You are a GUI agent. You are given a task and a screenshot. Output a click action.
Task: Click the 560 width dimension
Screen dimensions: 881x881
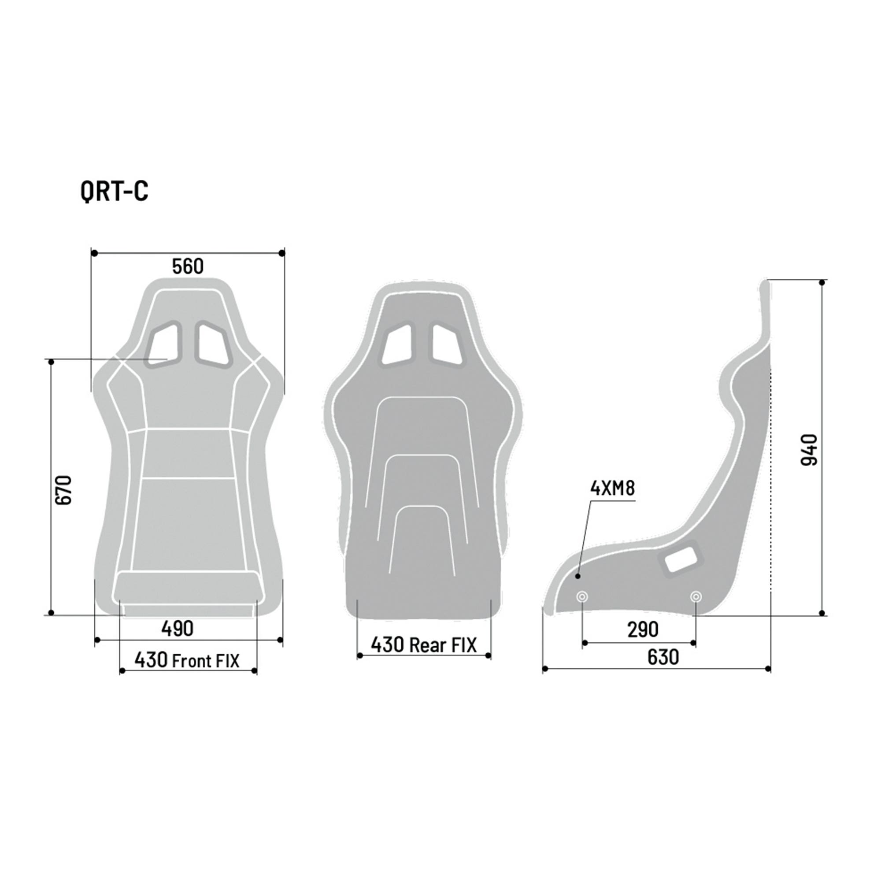coord(187,267)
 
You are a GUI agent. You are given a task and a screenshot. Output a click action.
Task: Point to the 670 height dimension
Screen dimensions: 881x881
coord(64,490)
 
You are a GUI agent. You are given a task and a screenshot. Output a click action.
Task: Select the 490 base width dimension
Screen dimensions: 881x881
coord(178,629)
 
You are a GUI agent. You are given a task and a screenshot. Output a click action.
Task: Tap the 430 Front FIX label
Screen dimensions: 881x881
coord(186,660)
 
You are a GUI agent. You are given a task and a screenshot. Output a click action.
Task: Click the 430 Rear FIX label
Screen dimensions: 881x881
coord(423,645)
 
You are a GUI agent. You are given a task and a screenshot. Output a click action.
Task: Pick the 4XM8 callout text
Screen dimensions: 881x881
coord(612,489)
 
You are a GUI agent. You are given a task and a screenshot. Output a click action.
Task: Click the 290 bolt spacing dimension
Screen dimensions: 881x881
coord(643,630)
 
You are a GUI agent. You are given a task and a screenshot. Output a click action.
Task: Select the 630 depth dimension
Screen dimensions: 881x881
coord(663,657)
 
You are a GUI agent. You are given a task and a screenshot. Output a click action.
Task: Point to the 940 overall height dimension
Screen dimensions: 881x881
coord(809,450)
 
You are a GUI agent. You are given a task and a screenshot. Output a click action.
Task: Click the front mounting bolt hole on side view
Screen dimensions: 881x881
coord(582,597)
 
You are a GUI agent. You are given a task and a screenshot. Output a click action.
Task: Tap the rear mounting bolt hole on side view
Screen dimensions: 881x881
coord(696,597)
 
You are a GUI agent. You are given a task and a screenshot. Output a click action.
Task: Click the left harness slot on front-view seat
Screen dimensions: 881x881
coord(164,345)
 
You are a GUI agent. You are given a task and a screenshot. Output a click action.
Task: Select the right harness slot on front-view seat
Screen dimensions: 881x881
coord(213,345)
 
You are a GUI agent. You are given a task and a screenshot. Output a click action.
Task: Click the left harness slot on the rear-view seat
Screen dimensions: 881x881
coord(398,345)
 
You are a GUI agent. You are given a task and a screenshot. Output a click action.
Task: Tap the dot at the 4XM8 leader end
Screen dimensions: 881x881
coord(578,576)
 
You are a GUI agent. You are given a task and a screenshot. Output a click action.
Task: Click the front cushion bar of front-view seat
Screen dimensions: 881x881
coord(188,588)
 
